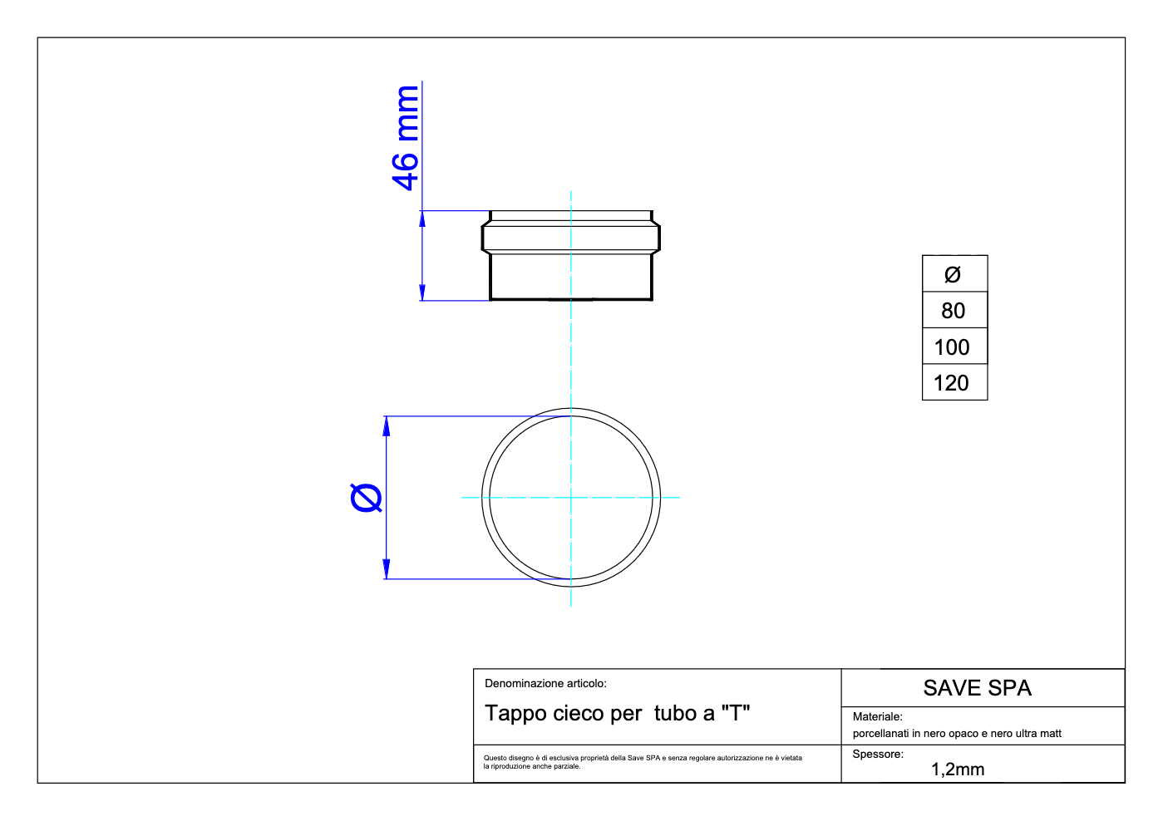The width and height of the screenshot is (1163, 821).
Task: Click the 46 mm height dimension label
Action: [x=406, y=138]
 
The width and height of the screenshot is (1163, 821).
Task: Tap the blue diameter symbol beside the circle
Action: [x=367, y=498]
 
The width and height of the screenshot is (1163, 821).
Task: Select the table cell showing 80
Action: [x=954, y=311]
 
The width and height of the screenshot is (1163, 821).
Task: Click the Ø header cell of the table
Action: [x=953, y=274]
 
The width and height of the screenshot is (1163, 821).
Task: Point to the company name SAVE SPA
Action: [x=977, y=688]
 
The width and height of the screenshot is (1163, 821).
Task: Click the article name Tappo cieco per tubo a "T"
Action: [x=617, y=714]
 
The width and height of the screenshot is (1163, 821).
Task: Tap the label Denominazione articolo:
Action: [x=545, y=684]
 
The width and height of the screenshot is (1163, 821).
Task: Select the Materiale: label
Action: [x=877, y=716]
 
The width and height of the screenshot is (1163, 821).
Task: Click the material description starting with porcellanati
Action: [x=957, y=734]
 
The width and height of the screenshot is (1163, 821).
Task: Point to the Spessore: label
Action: [x=878, y=755]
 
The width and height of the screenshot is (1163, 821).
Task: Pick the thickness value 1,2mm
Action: [x=958, y=769]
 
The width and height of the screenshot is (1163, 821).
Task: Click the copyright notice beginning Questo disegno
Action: [x=643, y=762]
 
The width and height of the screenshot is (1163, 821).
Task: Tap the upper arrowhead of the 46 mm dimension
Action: [x=422, y=219]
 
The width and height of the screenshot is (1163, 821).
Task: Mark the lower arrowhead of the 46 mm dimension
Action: [x=422, y=293]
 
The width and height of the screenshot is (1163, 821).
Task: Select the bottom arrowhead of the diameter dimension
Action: [x=386, y=570]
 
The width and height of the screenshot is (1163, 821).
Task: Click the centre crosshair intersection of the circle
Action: [x=571, y=498]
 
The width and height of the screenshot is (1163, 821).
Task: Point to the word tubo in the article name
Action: [x=674, y=714]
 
